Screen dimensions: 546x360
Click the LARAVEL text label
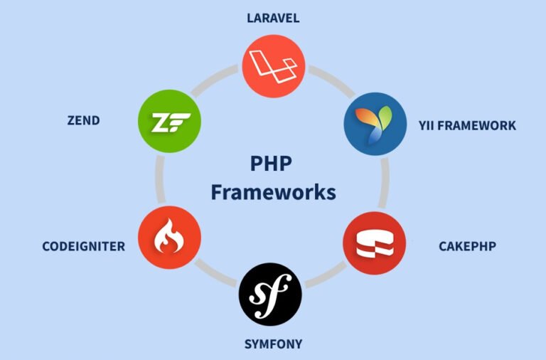point(273,18)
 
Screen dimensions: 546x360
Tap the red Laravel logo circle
point(274,66)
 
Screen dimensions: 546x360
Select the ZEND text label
point(84,120)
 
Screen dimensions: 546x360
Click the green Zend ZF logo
point(170,121)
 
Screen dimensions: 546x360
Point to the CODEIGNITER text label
point(84,246)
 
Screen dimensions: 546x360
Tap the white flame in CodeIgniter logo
point(170,235)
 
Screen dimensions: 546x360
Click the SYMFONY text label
point(273,344)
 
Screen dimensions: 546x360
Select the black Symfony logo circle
point(270,294)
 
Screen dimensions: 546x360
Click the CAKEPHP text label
point(467,246)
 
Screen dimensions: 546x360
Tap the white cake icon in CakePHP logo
point(375,243)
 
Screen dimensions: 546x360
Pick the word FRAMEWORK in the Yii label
point(477,126)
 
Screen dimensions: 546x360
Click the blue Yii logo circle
point(375,124)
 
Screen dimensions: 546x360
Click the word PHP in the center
point(272,164)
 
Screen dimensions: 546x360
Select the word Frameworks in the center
point(273,192)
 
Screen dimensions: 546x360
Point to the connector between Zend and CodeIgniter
point(160,179)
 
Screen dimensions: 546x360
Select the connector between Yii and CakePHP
point(384,183)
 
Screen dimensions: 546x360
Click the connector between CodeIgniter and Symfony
point(216,273)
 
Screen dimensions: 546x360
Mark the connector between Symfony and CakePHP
point(326,275)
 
